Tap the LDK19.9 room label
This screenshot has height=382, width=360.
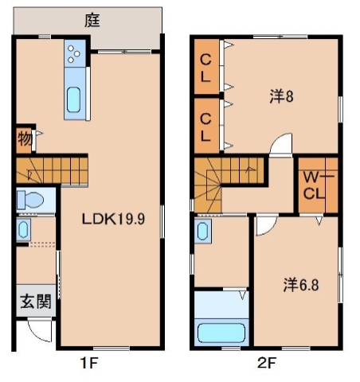(114, 220)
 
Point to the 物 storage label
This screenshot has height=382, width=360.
(24, 141)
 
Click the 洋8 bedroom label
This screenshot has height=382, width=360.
(281, 97)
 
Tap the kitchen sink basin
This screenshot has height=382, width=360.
(74, 99)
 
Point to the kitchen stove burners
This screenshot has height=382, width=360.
(75, 54)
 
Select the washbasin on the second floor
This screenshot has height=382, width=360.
(203, 233)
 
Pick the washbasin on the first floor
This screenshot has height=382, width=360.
(22, 231)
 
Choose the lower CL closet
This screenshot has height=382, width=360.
(205, 123)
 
